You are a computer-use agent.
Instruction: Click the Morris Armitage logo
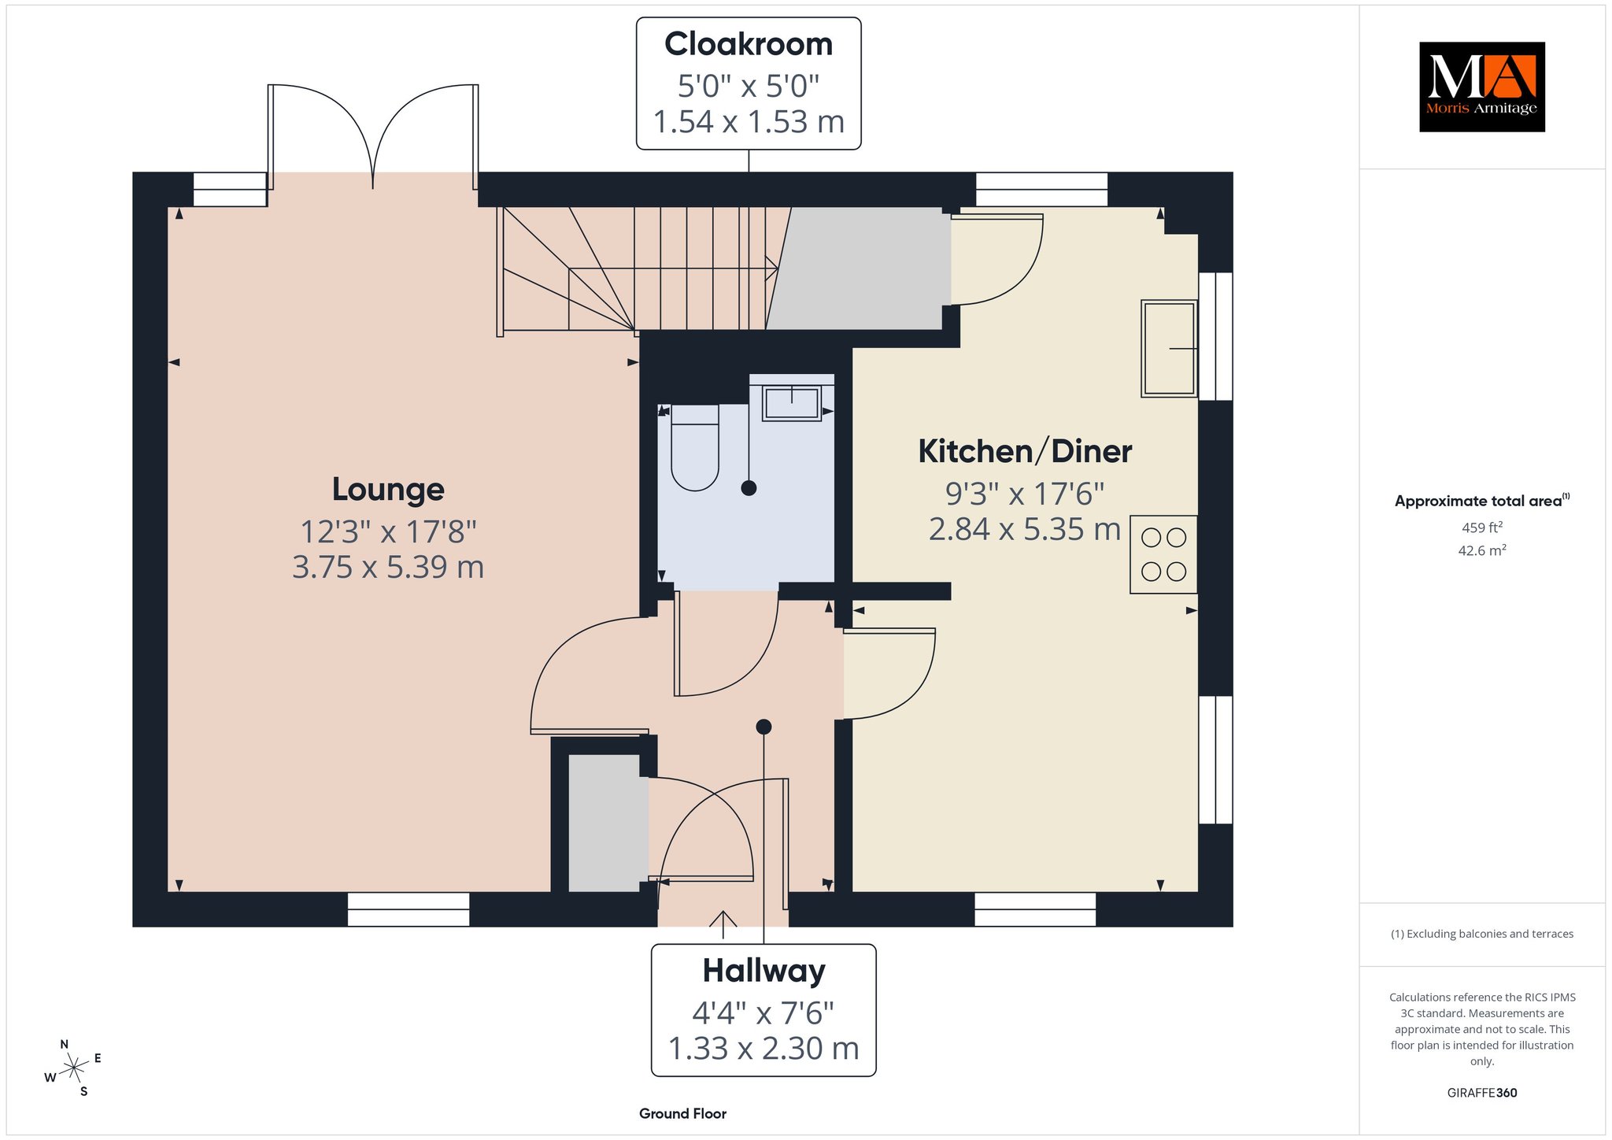(1481, 87)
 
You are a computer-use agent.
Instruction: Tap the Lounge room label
(388, 490)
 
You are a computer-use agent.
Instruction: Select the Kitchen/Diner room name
(1025, 451)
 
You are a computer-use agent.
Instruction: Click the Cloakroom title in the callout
(749, 44)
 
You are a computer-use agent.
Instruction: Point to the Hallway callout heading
(763, 971)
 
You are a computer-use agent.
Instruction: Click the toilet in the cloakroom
(695, 447)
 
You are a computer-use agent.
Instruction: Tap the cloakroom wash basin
(791, 402)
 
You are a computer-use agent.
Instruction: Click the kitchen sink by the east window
(1170, 348)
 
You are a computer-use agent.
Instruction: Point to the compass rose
(73, 1068)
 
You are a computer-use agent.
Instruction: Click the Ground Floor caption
(682, 1113)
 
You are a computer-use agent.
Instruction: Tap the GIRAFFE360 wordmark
(1482, 1093)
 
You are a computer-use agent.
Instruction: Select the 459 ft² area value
(1482, 527)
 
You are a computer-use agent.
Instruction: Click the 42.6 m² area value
(1482, 550)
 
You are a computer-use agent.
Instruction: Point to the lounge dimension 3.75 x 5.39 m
(388, 567)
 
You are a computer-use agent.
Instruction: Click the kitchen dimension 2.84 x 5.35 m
(1025, 529)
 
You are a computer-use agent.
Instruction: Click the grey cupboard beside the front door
(604, 824)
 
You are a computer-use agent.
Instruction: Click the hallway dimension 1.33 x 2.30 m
(763, 1049)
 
